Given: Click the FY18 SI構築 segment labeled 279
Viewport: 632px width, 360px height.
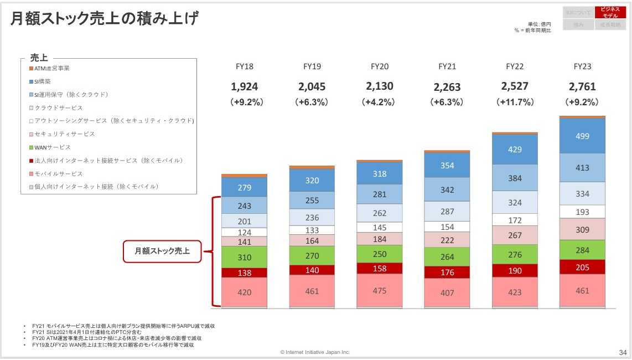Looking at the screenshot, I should pos(244,187).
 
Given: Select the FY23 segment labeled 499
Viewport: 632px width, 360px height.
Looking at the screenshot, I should pos(582,136).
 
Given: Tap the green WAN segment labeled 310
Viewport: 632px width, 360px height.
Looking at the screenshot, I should pos(244,257).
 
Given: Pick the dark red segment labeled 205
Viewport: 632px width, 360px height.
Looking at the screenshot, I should pos(582,267).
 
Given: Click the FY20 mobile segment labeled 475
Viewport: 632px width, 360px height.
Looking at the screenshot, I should pos(380,290).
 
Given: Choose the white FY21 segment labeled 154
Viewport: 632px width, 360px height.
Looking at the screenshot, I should pos(447,227).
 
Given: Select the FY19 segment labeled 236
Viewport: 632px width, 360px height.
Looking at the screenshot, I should pos(312,217).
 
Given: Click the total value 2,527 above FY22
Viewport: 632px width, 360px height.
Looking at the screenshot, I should pos(515,86).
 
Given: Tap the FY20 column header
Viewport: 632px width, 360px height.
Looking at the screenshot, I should pos(380,66).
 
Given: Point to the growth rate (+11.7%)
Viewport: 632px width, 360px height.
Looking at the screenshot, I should pos(515,102).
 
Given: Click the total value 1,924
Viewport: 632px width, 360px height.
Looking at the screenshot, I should pos(244,86).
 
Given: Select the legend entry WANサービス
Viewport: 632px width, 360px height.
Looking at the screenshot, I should pos(53,147).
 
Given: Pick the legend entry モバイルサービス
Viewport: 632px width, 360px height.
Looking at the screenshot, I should pos(56,173).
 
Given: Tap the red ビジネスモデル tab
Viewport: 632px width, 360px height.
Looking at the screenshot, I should pos(610,13).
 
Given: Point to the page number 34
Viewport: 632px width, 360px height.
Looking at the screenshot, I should pos(623,352).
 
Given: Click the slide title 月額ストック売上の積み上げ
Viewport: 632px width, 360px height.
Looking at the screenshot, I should pos(105,19).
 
